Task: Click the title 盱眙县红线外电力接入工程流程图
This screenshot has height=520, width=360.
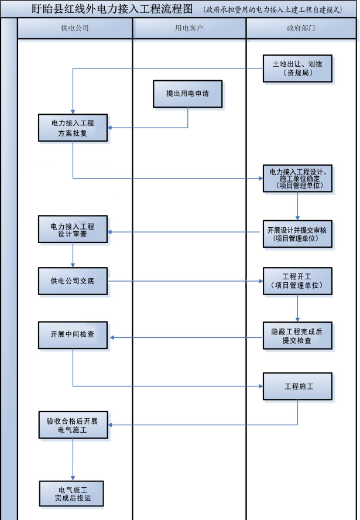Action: point(112,9)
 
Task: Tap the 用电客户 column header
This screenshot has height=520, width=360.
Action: point(189,28)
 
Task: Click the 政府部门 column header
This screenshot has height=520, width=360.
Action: point(301,28)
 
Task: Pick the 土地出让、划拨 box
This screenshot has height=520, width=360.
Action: point(297,69)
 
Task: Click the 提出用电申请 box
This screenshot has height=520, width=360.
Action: point(188,94)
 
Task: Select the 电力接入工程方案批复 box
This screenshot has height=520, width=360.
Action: point(73,128)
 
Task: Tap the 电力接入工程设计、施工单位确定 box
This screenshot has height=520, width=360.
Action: point(297,178)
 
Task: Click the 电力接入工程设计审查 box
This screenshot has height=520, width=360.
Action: point(73,230)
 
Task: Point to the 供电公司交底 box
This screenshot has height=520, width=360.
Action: point(73,281)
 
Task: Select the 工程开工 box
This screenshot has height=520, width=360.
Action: point(297,280)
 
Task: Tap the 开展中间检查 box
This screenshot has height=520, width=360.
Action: point(73,335)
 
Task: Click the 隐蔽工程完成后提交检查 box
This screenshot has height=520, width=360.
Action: point(297,335)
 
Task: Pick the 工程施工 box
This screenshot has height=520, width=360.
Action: point(297,386)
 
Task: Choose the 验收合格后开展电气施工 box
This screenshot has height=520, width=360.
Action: point(73,425)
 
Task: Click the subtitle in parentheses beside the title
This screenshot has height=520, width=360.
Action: point(273,10)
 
